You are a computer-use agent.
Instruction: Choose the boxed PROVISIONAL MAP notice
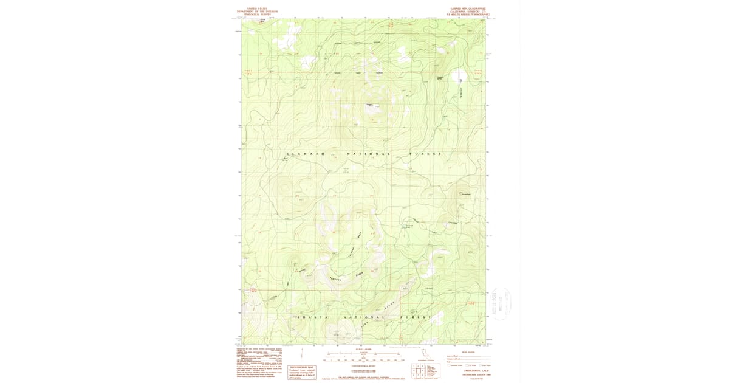(302, 371)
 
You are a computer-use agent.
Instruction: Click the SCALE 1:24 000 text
(363, 350)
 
